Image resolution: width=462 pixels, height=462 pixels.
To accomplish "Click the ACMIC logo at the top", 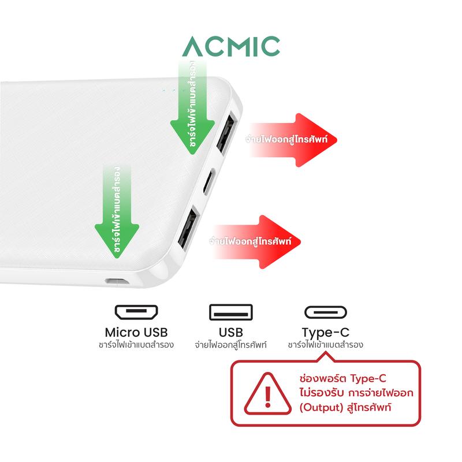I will click(231, 46).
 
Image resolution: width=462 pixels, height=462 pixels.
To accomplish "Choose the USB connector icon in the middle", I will click(230, 313).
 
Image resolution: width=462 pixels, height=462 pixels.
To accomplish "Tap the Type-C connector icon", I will click(325, 313).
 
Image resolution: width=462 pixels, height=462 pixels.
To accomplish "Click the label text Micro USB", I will click(136, 333).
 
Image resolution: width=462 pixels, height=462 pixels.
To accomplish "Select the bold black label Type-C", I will click(325, 333).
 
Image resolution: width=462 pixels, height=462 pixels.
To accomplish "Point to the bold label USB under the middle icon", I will click(230, 333).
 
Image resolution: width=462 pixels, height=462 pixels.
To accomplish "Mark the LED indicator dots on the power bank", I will click(170, 91).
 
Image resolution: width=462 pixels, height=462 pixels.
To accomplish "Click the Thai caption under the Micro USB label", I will click(136, 345).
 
